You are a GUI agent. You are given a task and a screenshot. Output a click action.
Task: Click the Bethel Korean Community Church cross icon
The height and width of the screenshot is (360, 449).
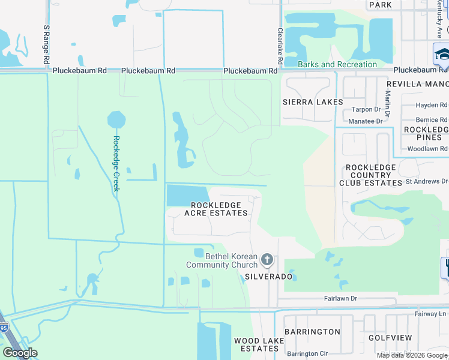(x=268, y=260)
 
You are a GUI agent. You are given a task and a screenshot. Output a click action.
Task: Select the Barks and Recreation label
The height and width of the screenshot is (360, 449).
(x=337, y=64)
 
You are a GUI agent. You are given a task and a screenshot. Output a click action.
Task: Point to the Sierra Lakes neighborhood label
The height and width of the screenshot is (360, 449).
(x=313, y=102)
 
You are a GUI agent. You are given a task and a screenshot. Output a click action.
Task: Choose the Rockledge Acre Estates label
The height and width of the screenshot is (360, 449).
(x=216, y=209)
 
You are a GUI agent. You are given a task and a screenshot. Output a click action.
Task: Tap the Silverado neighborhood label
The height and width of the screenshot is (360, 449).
(x=268, y=277)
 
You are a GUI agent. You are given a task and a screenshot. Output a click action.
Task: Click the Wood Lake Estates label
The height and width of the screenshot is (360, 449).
(x=256, y=344)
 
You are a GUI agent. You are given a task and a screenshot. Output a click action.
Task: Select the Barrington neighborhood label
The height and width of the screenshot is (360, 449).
(x=312, y=332)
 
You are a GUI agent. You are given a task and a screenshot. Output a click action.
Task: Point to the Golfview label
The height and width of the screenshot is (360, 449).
(x=391, y=338)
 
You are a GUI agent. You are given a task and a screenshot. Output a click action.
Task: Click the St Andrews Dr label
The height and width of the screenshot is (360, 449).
(x=427, y=181)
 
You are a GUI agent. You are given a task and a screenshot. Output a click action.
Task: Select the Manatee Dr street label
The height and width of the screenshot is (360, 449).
(x=367, y=121)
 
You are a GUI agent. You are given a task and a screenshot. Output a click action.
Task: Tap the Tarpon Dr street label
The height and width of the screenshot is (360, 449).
(x=366, y=109)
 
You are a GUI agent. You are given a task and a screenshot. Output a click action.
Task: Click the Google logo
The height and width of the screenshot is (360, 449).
(x=20, y=353)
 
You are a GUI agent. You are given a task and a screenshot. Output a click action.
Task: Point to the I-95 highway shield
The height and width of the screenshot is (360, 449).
(x=4, y=328)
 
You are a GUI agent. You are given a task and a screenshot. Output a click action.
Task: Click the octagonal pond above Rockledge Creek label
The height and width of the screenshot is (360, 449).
(x=116, y=119)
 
